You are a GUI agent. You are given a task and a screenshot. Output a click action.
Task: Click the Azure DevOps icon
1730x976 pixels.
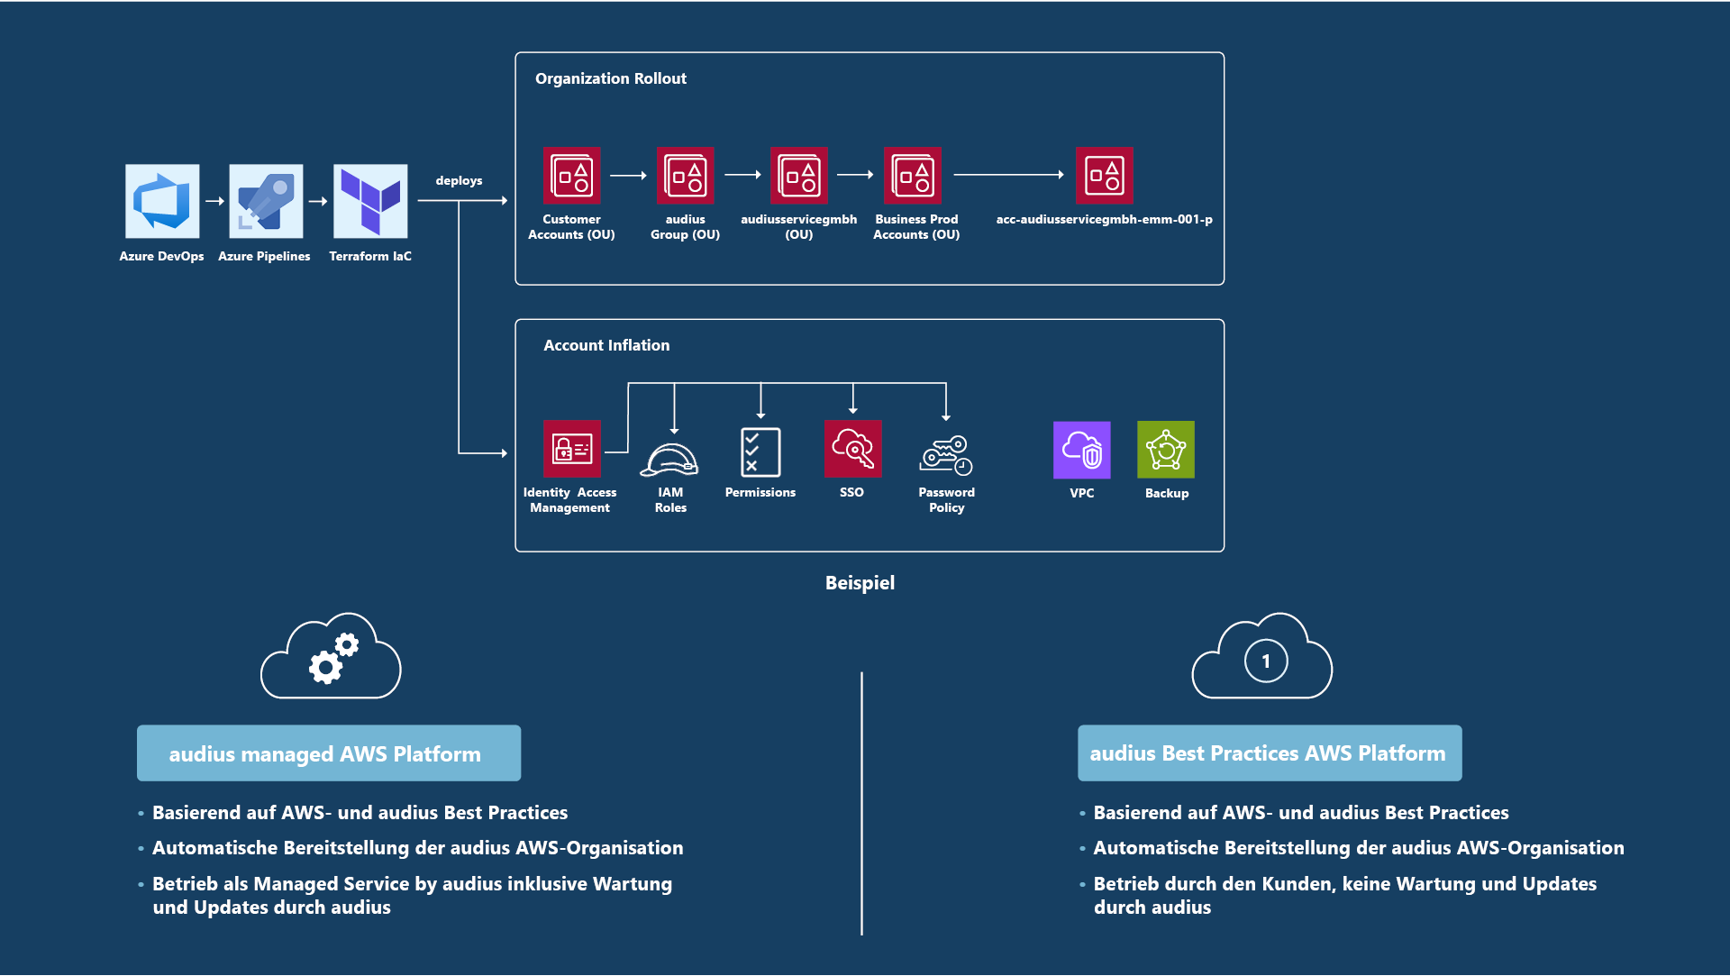(x=162, y=200)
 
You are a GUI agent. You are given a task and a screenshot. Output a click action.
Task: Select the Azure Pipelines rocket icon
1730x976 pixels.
(x=266, y=200)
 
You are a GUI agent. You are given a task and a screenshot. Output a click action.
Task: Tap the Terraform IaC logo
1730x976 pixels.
(x=370, y=200)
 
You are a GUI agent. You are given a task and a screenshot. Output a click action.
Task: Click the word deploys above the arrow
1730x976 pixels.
(x=459, y=180)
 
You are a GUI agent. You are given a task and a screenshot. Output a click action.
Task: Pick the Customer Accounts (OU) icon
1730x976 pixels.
(x=571, y=175)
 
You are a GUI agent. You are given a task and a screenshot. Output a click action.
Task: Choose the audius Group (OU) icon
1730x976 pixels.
(x=685, y=175)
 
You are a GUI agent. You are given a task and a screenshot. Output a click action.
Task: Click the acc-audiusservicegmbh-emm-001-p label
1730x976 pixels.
(x=1104, y=219)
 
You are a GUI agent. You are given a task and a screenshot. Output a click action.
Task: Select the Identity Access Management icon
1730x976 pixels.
(x=571, y=448)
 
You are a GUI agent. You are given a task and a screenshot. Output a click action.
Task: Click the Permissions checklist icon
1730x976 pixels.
(x=760, y=452)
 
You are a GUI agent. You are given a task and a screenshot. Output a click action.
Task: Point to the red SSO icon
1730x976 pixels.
(x=852, y=448)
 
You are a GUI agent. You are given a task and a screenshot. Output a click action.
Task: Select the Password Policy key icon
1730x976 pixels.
(x=946, y=455)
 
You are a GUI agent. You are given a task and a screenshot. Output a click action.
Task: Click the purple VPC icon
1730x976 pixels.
(x=1081, y=449)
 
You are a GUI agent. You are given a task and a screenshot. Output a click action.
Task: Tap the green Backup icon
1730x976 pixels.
(x=1166, y=449)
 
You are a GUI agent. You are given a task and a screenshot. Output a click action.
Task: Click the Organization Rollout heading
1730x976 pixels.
(x=610, y=78)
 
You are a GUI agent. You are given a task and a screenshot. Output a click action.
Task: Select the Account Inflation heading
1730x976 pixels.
(x=606, y=345)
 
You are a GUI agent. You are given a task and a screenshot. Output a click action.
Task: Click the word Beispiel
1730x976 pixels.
(x=860, y=582)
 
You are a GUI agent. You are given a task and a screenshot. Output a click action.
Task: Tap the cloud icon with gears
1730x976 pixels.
(x=331, y=657)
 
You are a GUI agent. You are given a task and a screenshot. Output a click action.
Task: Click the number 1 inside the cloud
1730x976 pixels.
(x=1266, y=661)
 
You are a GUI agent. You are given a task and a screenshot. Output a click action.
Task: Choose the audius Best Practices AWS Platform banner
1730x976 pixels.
(x=1269, y=753)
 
